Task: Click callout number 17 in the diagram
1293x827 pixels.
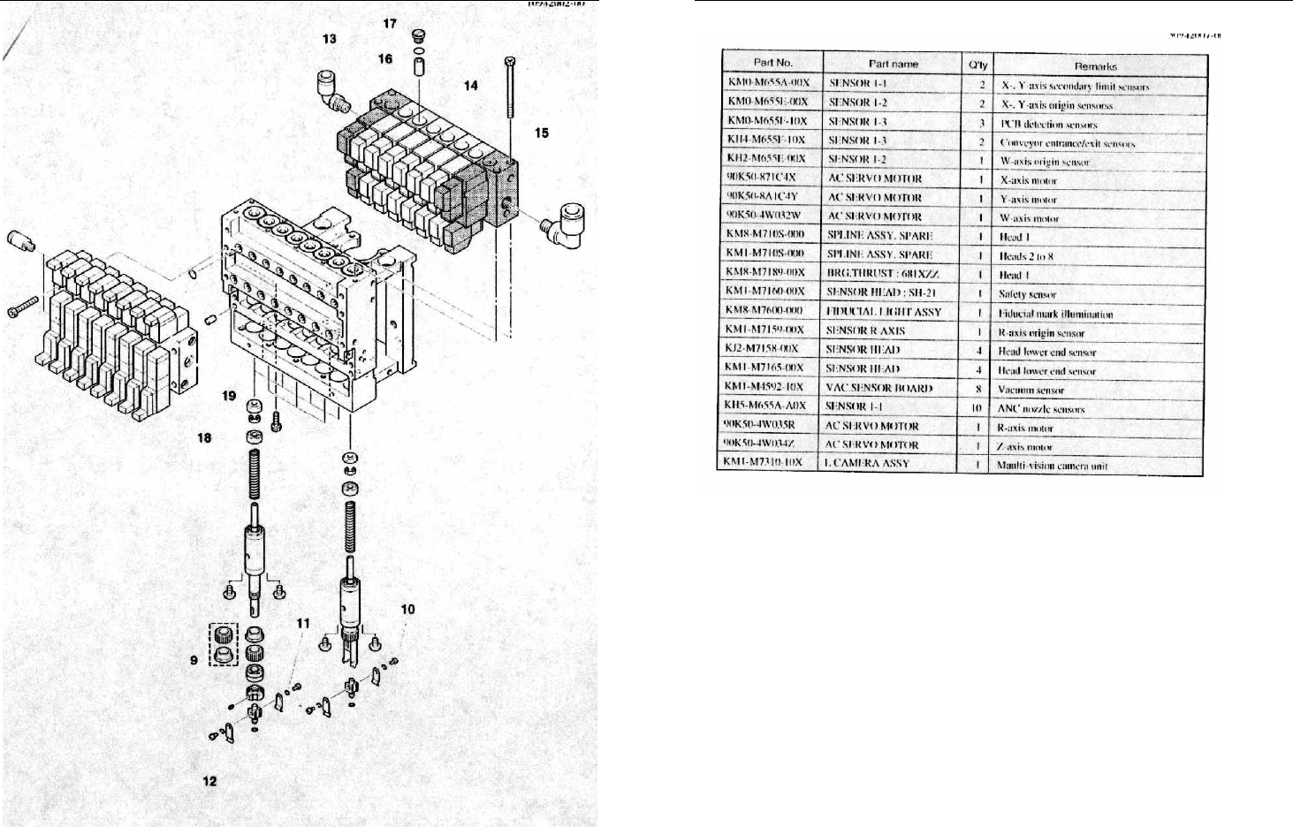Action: [390, 24]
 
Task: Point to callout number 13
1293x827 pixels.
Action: [329, 39]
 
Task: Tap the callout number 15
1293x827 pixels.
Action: [541, 133]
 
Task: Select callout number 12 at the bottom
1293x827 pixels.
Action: [209, 781]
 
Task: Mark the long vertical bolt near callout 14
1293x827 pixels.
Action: [511, 88]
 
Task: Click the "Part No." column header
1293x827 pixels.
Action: [773, 63]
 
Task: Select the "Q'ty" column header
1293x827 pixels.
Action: [977, 64]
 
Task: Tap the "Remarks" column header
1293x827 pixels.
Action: [1096, 66]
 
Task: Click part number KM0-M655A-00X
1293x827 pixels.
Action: [768, 83]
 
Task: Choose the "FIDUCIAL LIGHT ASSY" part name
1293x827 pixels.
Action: [884, 312]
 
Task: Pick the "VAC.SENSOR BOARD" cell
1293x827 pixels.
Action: [878, 388]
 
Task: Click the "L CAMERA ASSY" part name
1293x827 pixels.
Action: [866, 464]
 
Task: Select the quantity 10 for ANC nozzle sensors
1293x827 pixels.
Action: [977, 408]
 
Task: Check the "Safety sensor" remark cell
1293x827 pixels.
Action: [1027, 294]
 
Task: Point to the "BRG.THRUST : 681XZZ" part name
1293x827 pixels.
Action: [882, 274]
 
